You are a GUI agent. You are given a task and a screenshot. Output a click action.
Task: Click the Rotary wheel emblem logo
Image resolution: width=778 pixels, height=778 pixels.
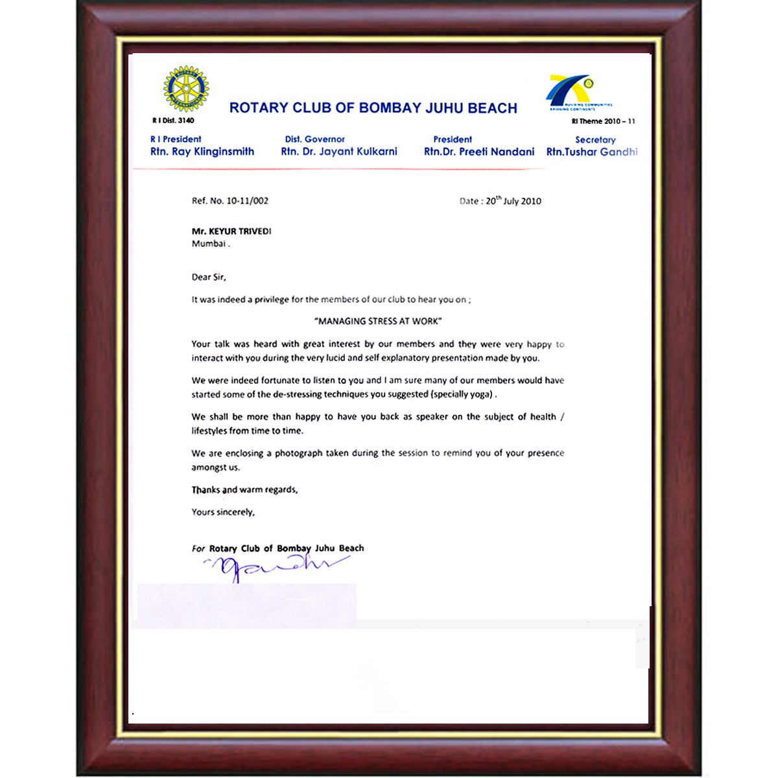click(x=186, y=89)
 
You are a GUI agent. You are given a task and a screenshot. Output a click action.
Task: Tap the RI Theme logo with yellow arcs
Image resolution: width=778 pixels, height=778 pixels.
click(x=571, y=91)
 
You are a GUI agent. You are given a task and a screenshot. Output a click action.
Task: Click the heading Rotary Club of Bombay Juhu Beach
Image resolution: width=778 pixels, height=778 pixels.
click(x=373, y=108)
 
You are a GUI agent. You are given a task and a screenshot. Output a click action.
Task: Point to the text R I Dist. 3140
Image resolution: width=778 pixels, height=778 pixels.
click(x=173, y=121)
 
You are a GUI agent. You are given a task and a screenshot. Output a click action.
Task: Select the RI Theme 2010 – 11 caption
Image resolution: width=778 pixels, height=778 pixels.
click(x=603, y=121)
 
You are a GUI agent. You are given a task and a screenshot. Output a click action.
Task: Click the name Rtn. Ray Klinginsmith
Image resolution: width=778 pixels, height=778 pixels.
click(x=202, y=152)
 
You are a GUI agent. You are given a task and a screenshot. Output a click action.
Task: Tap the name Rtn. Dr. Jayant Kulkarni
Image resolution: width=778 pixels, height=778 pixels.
click(x=339, y=152)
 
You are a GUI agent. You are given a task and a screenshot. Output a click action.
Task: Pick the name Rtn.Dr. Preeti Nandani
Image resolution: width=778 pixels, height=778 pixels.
click(x=479, y=152)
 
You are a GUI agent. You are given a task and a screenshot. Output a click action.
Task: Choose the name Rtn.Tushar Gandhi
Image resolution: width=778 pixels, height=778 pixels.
click(x=592, y=152)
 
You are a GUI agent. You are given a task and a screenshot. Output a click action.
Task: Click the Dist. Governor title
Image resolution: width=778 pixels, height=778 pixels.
click(x=315, y=139)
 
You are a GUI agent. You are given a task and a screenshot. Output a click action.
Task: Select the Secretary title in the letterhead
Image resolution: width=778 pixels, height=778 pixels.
click(x=595, y=140)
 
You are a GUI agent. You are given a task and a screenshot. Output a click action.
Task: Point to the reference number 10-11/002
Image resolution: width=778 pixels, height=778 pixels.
click(x=247, y=201)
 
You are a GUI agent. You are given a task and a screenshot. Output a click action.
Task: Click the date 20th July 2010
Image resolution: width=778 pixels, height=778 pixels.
click(x=513, y=201)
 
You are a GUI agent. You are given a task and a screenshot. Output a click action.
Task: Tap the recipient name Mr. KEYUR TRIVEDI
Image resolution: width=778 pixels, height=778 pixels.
click(x=231, y=231)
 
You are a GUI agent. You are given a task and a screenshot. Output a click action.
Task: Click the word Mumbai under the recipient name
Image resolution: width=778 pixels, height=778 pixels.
click(x=209, y=244)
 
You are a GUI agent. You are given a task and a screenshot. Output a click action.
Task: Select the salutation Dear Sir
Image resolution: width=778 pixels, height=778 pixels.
click(x=209, y=277)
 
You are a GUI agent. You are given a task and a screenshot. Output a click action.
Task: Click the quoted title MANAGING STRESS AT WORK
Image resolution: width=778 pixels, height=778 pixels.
click(x=379, y=321)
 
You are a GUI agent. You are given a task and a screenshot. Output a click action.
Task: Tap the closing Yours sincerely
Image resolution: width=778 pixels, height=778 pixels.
click(x=223, y=512)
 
